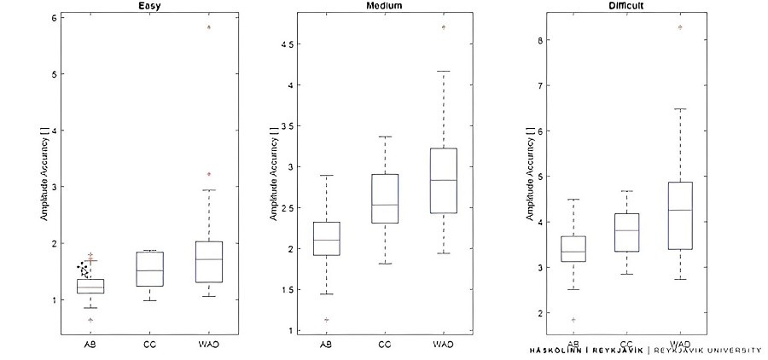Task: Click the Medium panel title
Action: coord(385,5)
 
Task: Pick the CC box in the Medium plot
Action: coord(385,199)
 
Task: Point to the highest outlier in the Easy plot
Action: coord(208,27)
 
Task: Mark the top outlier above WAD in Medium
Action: coord(444,27)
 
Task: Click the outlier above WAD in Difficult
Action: coord(680,27)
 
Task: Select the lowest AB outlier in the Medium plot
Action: coord(326,320)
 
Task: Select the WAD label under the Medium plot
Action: coord(444,345)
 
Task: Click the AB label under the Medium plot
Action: coord(326,345)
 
